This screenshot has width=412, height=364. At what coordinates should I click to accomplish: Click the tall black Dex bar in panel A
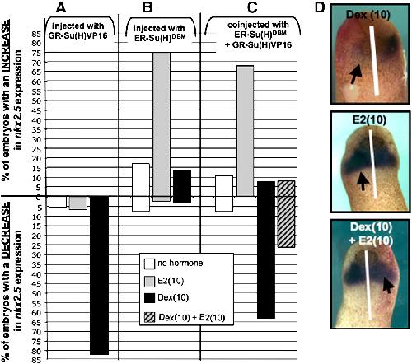click(x=100, y=275)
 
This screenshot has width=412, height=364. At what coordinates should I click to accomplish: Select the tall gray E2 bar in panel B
click(x=162, y=127)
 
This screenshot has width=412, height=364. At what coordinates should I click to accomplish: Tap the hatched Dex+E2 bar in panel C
click(x=286, y=214)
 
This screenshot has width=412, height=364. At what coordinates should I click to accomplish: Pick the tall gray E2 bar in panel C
click(x=246, y=131)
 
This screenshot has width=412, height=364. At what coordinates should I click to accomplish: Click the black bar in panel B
click(x=182, y=187)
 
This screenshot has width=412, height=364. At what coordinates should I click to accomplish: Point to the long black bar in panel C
click(x=266, y=250)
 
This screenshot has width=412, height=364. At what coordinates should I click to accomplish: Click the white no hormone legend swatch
click(x=149, y=264)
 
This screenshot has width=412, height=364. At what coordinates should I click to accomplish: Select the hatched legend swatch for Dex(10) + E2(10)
click(x=149, y=317)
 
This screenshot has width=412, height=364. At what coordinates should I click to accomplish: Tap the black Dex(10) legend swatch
click(x=149, y=298)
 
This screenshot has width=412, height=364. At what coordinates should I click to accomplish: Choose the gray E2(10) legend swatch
click(x=149, y=282)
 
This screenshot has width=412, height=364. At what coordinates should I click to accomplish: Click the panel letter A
click(x=61, y=7)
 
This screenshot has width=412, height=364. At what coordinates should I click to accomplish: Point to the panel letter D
click(x=320, y=7)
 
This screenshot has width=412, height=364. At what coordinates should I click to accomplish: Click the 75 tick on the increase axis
click(x=37, y=53)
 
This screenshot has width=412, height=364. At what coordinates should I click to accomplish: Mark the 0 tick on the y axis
click(x=39, y=197)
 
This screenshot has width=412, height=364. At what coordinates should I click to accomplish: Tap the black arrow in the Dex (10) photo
click(x=356, y=74)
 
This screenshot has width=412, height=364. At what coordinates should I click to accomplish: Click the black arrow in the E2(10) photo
click(x=363, y=182)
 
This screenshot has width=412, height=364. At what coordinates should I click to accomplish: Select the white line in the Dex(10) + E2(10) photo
click(x=368, y=285)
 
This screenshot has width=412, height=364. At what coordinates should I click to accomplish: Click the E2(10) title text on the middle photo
click(x=370, y=120)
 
